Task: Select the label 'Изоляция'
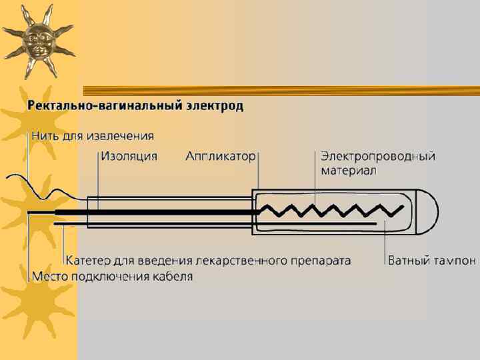coord(129,157)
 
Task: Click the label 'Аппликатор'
coord(220,157)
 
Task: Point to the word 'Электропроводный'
coord(378,157)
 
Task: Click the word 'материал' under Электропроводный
coord(349,171)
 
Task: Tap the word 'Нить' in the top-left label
coord(45,136)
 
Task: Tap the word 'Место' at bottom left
coord(50,276)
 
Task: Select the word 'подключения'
coord(109,276)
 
